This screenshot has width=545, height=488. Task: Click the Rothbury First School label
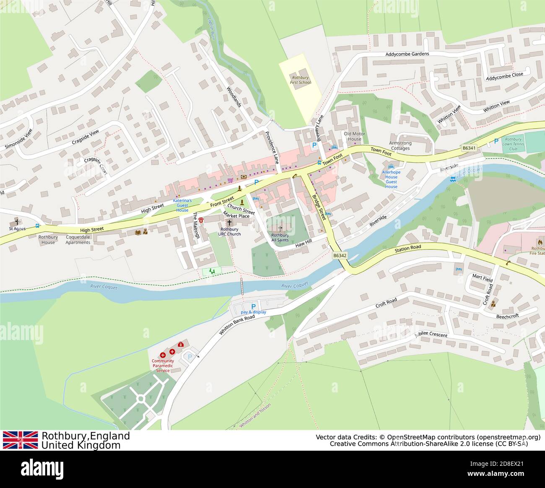[300, 80]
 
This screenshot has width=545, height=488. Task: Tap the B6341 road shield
[469, 148]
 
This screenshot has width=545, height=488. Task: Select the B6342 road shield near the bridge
[340, 255]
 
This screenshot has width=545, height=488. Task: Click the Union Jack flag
[20, 440]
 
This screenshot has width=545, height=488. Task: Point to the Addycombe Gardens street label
[407, 54]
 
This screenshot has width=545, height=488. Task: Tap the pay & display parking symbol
[253, 306]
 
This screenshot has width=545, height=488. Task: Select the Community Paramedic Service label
[163, 366]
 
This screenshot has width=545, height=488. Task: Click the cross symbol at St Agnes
[17, 222]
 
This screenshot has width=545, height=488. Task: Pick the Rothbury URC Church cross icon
[229, 223]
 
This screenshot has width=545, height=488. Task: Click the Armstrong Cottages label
[400, 145]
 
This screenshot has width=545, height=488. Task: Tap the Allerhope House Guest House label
[391, 179]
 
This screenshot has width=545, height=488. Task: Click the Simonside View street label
[18, 139]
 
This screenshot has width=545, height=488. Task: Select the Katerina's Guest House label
[182, 205]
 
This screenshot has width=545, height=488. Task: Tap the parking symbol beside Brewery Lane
[314, 145]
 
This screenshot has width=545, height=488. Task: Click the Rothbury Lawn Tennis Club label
[513, 144]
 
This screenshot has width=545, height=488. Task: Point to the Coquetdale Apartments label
[78, 239]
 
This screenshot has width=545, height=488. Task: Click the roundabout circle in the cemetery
[140, 398]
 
